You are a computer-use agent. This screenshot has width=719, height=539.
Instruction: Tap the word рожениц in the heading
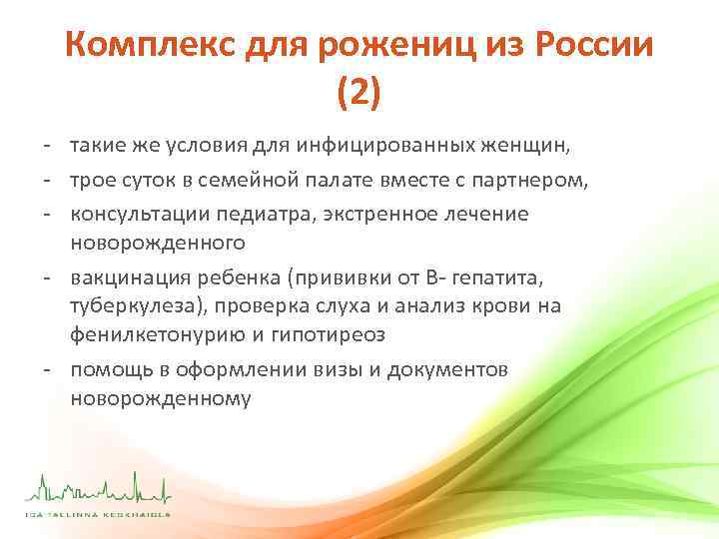[389, 47]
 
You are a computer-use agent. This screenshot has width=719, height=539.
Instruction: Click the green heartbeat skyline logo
[99, 490]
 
